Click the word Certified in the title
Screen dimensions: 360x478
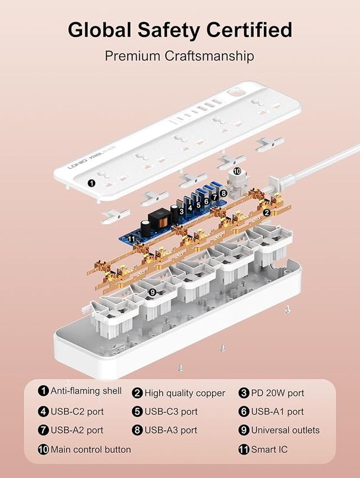(249, 30)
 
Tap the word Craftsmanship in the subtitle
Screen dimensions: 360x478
(209, 56)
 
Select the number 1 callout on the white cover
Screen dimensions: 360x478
(91, 183)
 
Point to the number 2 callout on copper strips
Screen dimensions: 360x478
(267, 213)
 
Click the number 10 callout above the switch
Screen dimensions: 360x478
(237, 172)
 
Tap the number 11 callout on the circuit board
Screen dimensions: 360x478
(132, 238)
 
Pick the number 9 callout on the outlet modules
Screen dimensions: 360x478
(152, 292)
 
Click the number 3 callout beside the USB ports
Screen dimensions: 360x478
(181, 211)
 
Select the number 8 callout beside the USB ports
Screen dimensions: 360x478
(223, 193)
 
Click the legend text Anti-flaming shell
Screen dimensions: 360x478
(86, 391)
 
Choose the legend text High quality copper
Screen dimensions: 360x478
(184, 393)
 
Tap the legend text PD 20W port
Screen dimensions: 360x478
(277, 393)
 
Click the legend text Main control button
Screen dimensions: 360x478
(91, 449)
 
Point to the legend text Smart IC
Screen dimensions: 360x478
(269, 449)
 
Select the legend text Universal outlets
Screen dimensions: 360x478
(285, 430)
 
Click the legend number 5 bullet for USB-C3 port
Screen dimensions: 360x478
(137, 412)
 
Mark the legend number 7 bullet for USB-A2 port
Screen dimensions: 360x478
(43, 430)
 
